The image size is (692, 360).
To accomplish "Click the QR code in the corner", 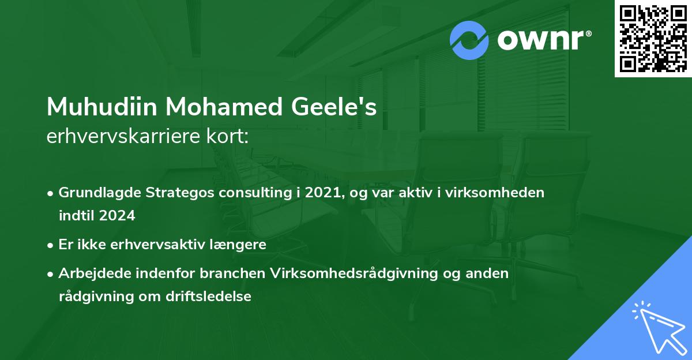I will (x=653, y=39).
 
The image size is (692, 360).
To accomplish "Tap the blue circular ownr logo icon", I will (x=469, y=40).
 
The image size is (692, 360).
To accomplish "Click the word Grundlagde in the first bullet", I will (x=96, y=193).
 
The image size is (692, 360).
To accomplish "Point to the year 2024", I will (x=117, y=216).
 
